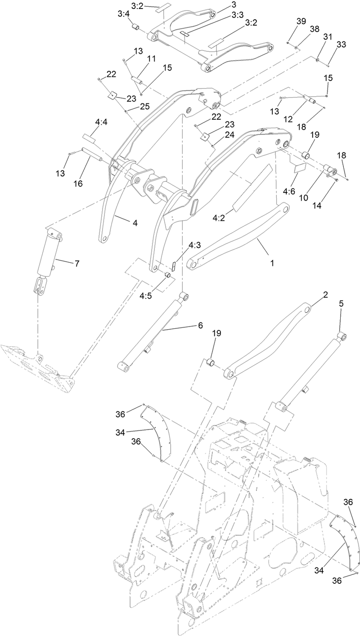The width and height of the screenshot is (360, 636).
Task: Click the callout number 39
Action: point(301,22)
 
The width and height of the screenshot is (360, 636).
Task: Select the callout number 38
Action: point(314,29)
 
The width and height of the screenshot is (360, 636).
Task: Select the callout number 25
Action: point(144,106)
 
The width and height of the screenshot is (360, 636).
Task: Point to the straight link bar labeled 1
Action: point(238,236)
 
